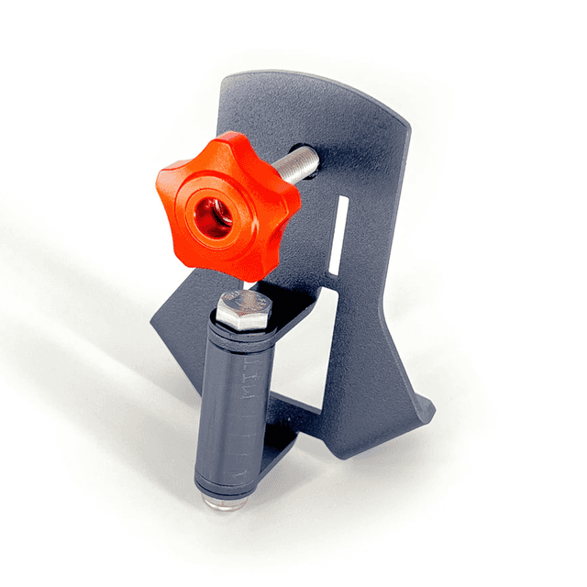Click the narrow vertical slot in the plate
339,235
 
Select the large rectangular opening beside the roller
303,367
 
